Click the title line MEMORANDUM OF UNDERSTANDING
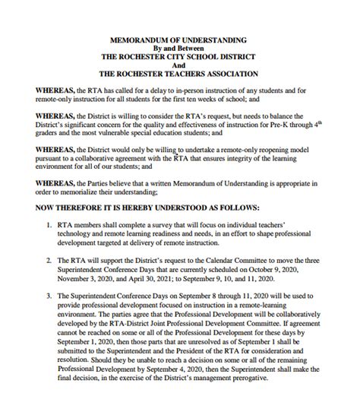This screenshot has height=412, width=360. point(179,37)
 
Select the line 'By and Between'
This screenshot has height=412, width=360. point(179,46)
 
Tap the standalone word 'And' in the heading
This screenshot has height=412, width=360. point(179,65)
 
